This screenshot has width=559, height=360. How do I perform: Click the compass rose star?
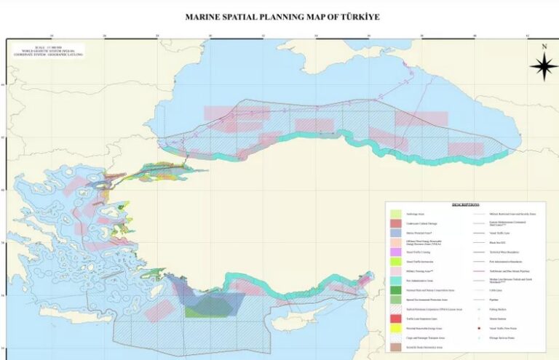tap(543, 67)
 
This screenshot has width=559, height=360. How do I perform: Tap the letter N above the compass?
tap(543, 47)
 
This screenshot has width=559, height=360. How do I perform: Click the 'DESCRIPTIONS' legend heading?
tap(465, 206)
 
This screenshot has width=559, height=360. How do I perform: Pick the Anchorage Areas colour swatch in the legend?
tap(396, 215)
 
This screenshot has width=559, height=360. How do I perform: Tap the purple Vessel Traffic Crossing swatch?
tap(396, 251)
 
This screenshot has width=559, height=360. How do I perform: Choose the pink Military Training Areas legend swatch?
tap(396, 270)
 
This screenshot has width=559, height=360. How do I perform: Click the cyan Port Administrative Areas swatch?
tap(396, 279)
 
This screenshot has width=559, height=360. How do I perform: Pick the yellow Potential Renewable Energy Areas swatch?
tap(396, 328)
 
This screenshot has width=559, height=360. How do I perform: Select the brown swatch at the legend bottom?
tap(396, 348)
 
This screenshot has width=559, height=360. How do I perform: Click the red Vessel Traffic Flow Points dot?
tap(478, 329)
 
